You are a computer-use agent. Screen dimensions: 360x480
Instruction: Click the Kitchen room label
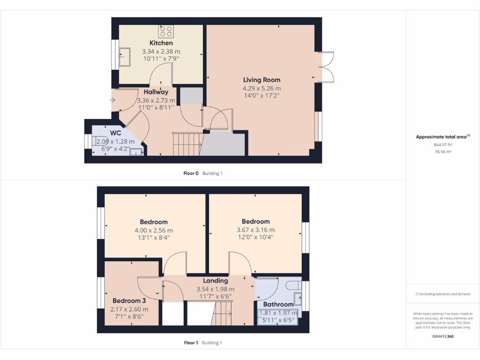161,43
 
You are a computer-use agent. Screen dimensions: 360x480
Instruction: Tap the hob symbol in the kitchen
166,31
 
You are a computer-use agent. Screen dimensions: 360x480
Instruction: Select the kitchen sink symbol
125,56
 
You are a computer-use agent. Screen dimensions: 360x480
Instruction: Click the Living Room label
262,80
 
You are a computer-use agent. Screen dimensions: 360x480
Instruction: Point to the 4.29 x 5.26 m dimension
262,88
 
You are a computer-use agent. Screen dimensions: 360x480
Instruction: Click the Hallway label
156,92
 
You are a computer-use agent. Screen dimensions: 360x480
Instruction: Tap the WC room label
115,133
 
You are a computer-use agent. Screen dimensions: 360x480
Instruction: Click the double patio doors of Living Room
327,67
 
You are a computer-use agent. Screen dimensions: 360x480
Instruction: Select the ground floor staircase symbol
187,144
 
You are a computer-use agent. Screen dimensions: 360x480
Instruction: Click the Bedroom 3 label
129,301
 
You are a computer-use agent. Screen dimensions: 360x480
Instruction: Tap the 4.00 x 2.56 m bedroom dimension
153,231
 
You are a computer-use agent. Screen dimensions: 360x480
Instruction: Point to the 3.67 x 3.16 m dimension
255,230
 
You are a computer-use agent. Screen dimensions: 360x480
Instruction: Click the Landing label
215,281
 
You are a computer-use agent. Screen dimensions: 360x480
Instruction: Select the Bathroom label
278,305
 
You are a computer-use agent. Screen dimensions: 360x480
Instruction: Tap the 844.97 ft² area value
442,145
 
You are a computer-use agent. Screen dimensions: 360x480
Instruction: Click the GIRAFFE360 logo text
443,336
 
